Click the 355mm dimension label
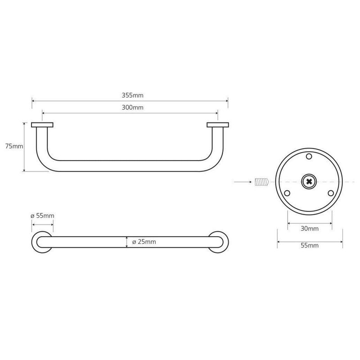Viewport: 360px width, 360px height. point(132,95)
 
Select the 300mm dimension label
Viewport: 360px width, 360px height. point(132,108)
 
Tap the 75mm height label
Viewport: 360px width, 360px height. point(14,146)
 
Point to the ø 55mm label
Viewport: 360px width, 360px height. point(42,216)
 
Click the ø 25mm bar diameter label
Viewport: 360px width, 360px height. point(144,242)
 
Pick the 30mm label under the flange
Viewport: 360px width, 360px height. point(310,229)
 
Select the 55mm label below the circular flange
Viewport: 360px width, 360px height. point(310,245)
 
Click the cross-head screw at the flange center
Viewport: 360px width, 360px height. point(309,182)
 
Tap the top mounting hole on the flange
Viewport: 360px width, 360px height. point(309,157)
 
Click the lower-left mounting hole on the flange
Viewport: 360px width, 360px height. point(287,193)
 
